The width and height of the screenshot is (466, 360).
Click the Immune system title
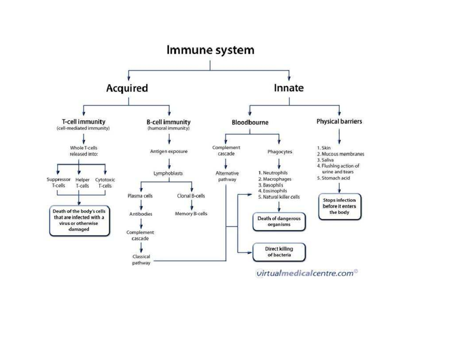[210, 50]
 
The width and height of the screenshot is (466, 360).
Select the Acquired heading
[127, 88]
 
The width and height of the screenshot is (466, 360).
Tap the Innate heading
[289, 88]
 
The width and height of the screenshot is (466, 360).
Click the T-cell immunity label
[83, 122]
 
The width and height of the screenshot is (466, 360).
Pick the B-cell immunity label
[169, 122]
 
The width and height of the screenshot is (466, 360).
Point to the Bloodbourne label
[250, 122]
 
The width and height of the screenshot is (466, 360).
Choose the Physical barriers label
[339, 122]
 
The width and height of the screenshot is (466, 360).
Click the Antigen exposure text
[169, 151]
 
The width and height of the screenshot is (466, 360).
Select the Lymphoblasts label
[168, 173]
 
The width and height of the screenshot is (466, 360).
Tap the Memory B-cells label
[191, 214]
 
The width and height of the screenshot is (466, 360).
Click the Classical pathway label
[141, 260]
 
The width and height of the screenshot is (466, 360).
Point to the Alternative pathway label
[227, 176]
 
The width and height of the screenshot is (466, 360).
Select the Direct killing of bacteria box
[279, 252]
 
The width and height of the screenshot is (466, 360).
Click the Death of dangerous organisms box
[279, 221]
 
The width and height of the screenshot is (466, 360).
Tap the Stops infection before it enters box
[339, 206]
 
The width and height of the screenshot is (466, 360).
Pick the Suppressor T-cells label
[58, 183]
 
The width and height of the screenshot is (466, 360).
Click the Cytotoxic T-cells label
[105, 183]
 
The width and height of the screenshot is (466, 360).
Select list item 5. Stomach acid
[333, 178]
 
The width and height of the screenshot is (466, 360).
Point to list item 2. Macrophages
[275, 179]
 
